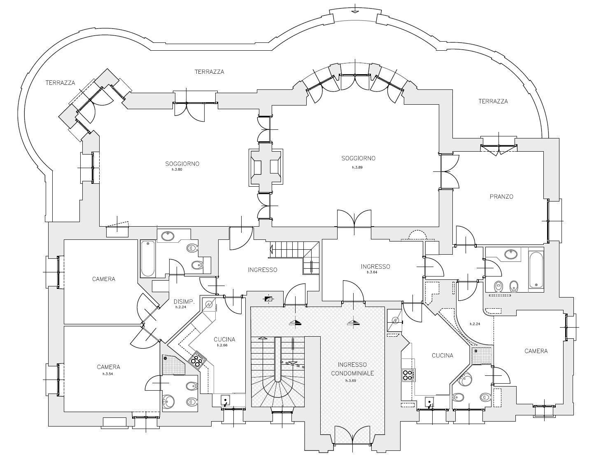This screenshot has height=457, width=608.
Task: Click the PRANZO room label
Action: (501, 197)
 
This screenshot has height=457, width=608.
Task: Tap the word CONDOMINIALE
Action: (352, 373)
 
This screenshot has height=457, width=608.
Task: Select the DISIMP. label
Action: (182, 301)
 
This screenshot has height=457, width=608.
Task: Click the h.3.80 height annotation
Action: (177, 169)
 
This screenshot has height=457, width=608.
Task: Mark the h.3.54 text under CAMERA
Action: (108, 374)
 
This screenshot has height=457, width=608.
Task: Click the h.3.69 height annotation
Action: (351, 380)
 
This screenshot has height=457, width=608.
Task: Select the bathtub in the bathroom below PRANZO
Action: (536, 270)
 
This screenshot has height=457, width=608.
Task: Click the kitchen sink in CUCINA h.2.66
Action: (226, 400)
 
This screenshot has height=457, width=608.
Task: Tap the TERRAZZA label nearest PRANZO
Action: (493, 101)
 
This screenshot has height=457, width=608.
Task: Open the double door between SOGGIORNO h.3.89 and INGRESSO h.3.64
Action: (354, 219)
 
